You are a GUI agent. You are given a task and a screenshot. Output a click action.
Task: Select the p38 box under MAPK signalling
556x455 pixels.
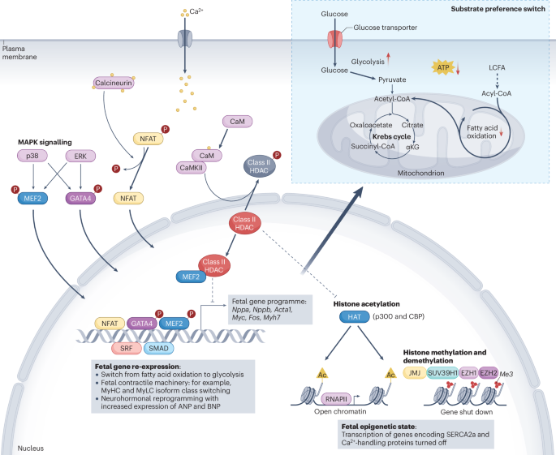32,155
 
